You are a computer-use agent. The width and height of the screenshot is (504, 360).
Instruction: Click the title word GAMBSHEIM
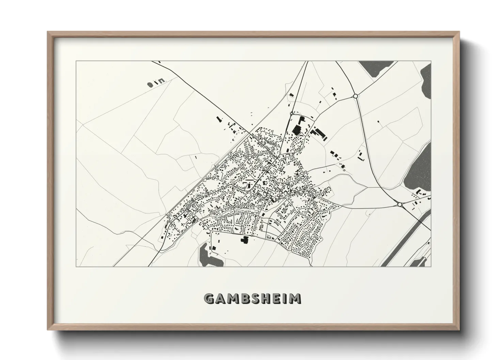coord(252,299)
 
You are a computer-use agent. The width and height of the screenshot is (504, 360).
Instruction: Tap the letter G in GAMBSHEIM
coord(209,299)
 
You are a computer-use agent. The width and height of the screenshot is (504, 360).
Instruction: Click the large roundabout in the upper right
coord(356,96)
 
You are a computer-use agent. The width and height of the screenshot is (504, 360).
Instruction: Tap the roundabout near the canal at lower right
coord(399,204)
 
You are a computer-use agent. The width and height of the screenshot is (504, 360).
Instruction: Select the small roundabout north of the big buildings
coord(291,113)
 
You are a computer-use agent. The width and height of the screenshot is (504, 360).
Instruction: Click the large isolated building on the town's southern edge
coord(244,240)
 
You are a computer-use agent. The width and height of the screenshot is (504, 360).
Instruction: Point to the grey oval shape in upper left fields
coord(150,84)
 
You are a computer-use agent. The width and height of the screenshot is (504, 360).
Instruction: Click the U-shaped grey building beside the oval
coord(161,81)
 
